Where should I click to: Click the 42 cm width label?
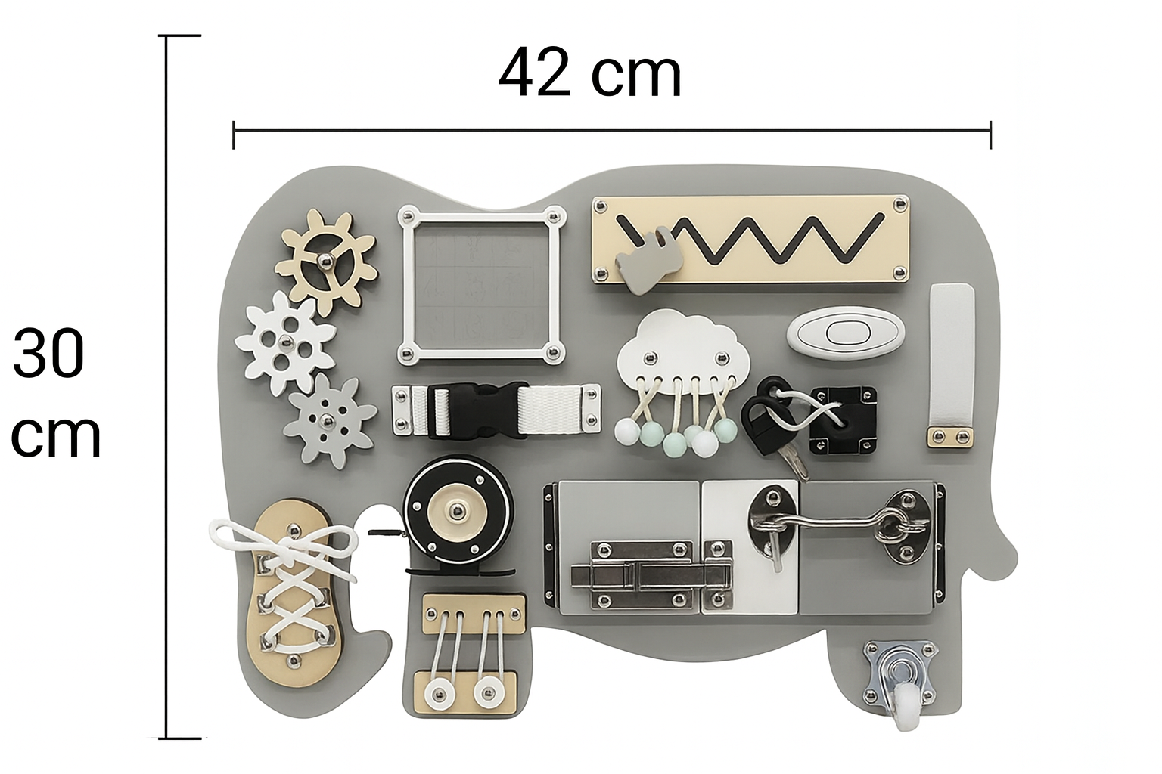[590, 73]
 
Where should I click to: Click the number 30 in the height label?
[48, 353]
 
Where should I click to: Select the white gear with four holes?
[284, 342]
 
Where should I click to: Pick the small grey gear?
[328, 420]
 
